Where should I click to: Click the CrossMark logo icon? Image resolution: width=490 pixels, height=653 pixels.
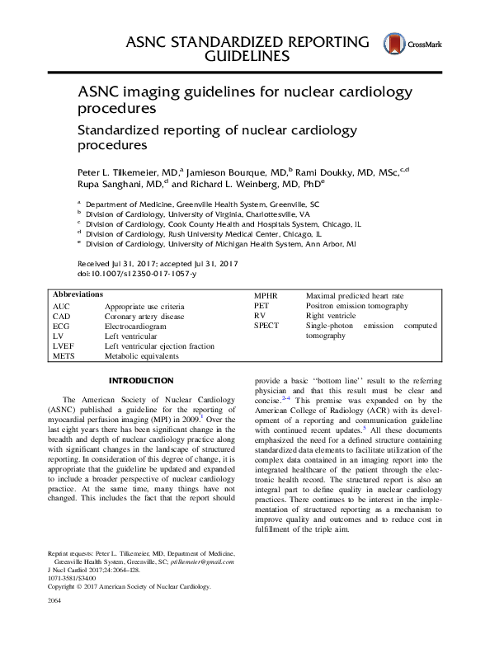[x=393, y=46]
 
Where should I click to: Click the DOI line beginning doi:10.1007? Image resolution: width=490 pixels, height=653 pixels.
[x=136, y=273]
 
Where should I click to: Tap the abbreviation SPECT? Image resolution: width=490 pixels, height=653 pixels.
[x=267, y=326]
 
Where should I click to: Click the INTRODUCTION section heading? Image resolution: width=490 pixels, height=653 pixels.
[x=142, y=381]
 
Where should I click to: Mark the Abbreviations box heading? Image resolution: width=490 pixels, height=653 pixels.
[x=78, y=294]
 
